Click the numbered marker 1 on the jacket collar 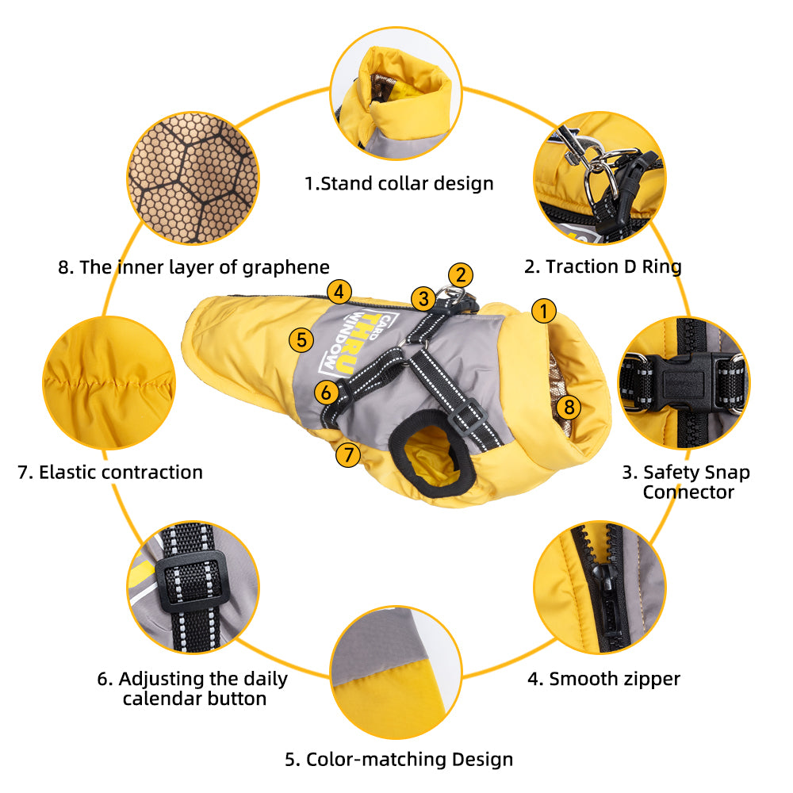[544, 311]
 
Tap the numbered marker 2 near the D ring [460, 275]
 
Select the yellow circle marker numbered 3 [423, 298]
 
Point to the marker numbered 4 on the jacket [339, 292]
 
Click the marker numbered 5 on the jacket [301, 339]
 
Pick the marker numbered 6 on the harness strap [326, 392]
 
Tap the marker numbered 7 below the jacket [348, 454]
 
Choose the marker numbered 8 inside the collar [569, 407]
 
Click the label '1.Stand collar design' [399, 184]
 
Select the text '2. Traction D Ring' [603, 266]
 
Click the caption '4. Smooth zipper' [603, 679]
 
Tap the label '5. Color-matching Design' [399, 759]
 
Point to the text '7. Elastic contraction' [110, 473]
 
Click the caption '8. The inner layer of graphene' [193, 267]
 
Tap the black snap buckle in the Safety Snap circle [683, 383]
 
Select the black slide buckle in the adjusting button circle [190, 580]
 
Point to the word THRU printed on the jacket [358, 344]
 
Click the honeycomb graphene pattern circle [193, 178]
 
